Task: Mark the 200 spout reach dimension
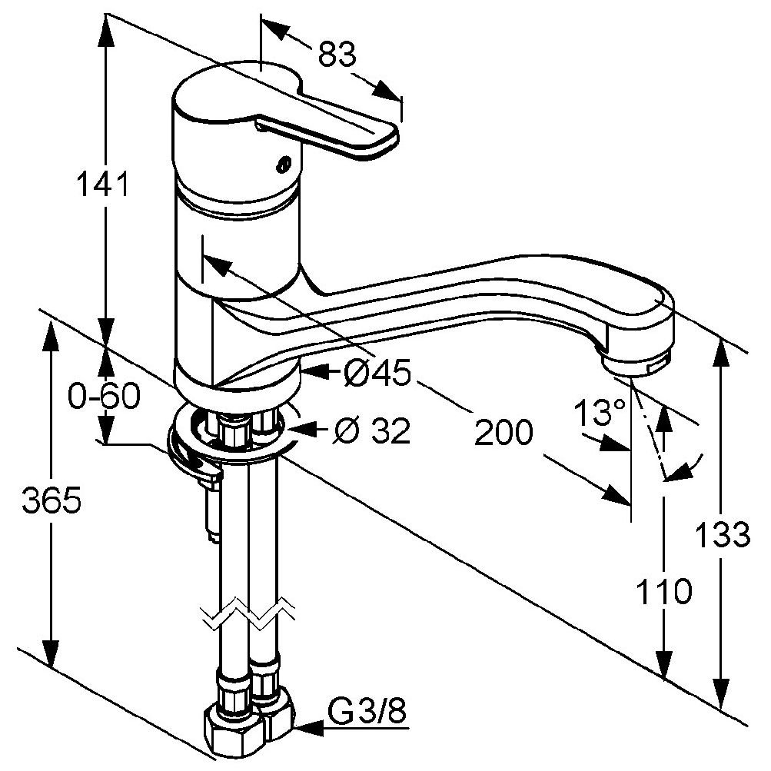[503, 433]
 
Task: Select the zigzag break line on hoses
[248, 612]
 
